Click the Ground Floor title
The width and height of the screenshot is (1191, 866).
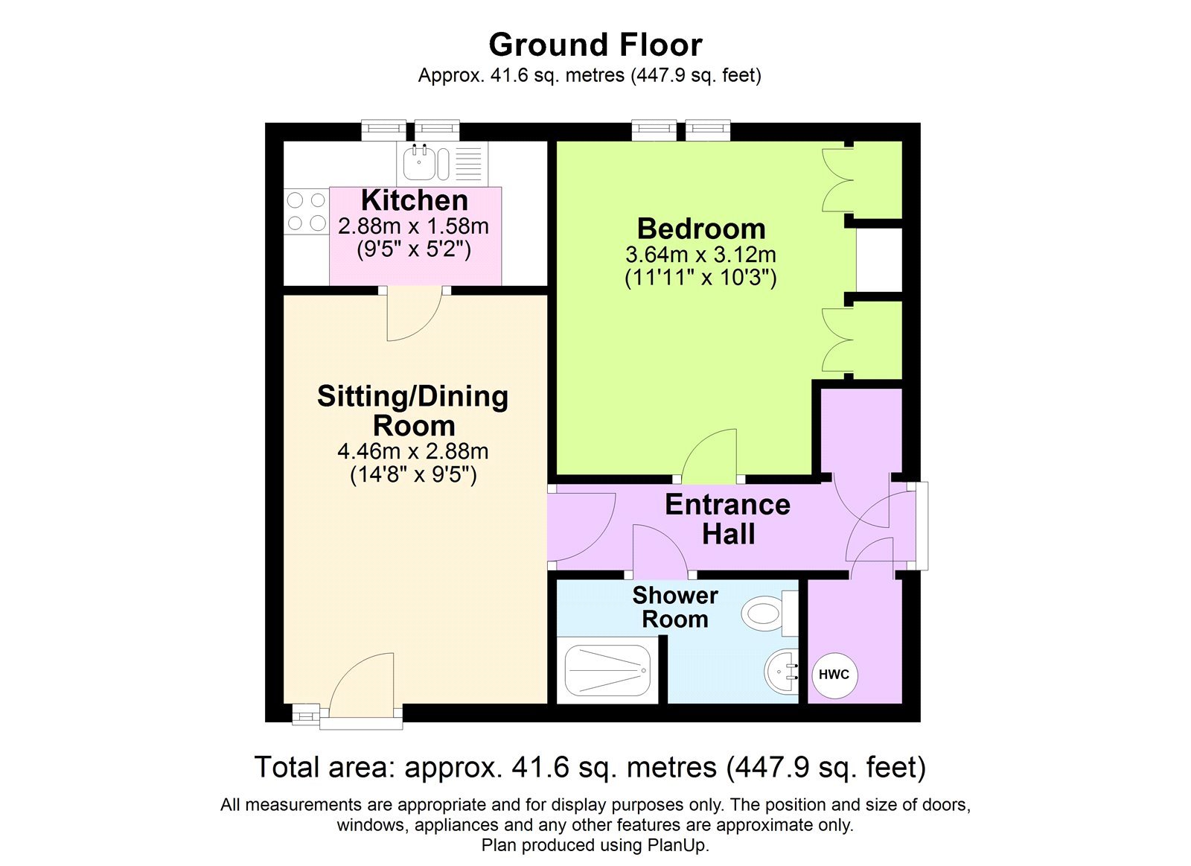(x=595, y=45)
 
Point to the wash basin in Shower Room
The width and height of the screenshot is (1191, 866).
(x=781, y=671)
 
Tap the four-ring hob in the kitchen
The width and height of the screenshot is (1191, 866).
(x=306, y=211)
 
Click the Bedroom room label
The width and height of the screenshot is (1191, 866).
(x=700, y=229)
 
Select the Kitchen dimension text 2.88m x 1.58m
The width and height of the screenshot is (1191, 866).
(x=413, y=226)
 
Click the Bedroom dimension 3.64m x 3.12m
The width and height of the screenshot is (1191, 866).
(x=700, y=255)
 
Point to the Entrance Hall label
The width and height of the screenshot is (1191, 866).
(x=727, y=519)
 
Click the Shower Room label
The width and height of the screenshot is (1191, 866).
(x=674, y=607)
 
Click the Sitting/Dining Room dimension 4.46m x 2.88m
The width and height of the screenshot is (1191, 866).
(x=413, y=451)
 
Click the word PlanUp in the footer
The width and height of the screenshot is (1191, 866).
(x=676, y=845)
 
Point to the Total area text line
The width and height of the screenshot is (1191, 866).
(x=590, y=767)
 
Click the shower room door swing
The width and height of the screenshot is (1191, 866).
(x=659, y=551)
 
